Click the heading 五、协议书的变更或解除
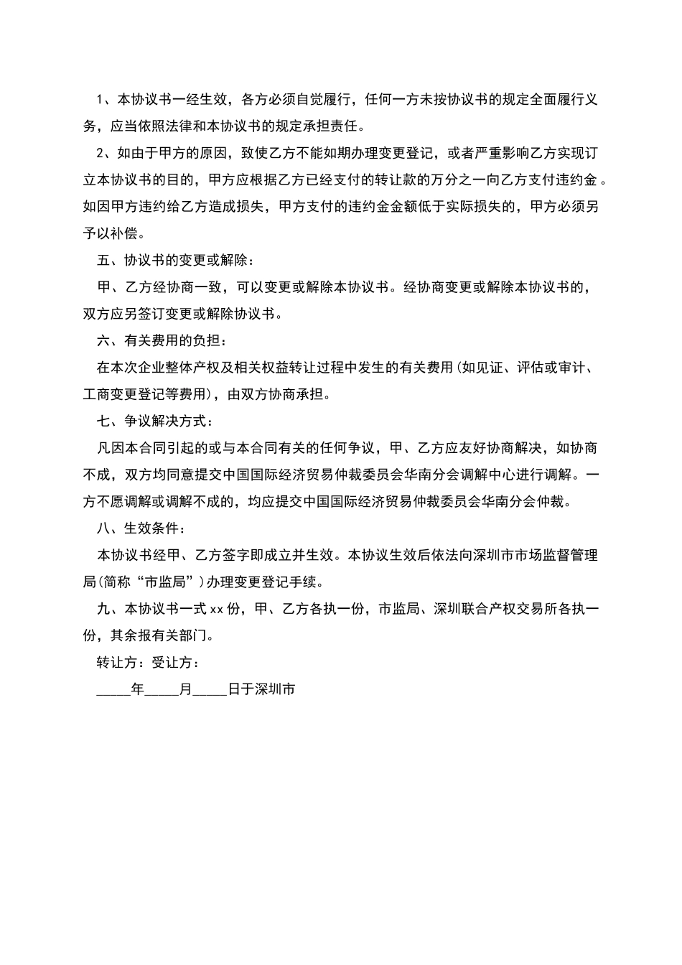[x=174, y=260]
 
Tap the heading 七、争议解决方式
[x=154, y=421]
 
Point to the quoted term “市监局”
[x=168, y=582]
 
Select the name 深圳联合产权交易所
[x=499, y=609]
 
